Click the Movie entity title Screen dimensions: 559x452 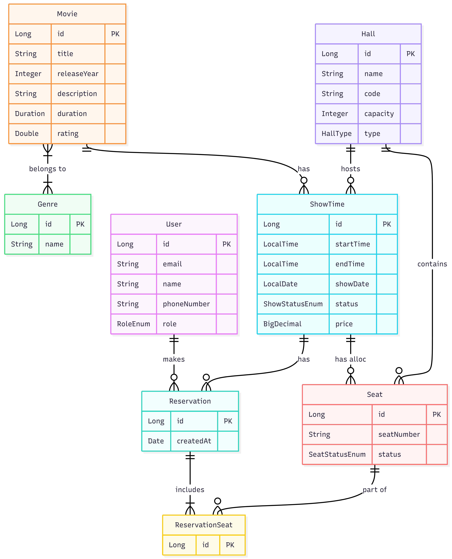67,14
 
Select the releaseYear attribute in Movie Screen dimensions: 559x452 78,74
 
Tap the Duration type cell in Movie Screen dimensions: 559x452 30,114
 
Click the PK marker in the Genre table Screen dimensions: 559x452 80,224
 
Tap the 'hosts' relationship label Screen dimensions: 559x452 350,169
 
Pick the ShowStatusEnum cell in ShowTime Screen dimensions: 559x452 293,304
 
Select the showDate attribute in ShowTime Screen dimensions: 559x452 352,284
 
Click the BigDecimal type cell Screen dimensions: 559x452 282,324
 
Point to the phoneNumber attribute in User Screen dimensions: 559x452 186,304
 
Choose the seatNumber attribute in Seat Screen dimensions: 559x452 399,434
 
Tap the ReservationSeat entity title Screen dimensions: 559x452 204,525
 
